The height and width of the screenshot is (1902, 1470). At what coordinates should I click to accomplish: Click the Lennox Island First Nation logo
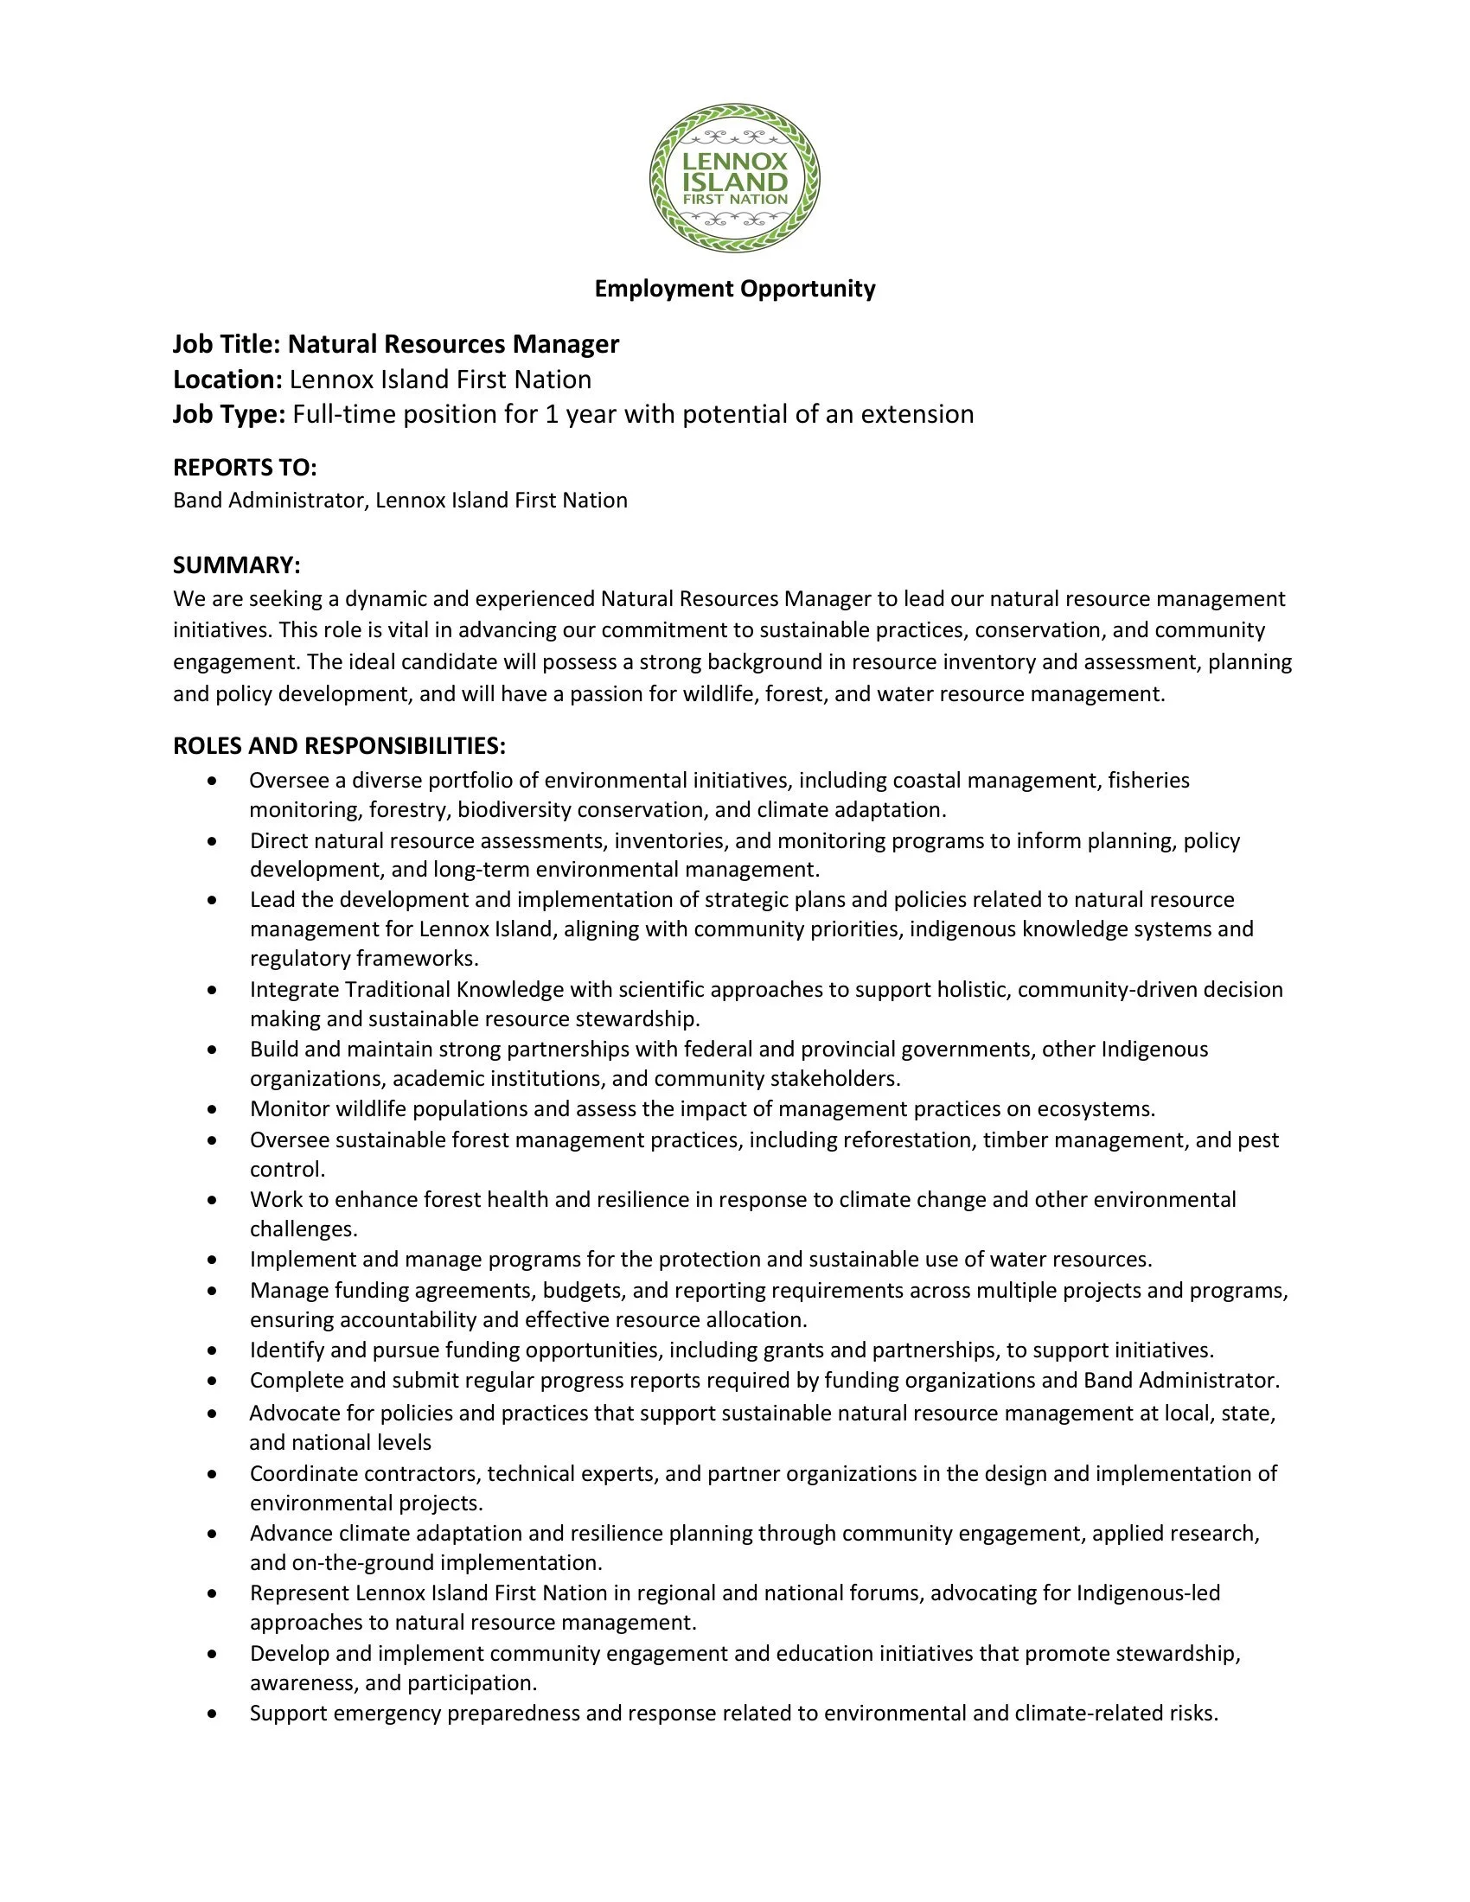734,179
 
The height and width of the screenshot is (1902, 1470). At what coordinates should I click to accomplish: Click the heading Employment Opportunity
734,288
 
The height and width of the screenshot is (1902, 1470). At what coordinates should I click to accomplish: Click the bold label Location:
227,380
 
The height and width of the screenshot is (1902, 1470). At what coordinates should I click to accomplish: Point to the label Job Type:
229,414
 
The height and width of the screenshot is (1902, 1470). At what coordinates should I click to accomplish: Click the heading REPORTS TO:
245,468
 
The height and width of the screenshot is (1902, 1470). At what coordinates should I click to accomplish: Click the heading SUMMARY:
236,565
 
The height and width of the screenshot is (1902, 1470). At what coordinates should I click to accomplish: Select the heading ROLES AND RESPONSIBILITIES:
339,745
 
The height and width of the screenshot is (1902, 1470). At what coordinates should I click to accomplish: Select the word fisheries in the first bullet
1147,781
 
